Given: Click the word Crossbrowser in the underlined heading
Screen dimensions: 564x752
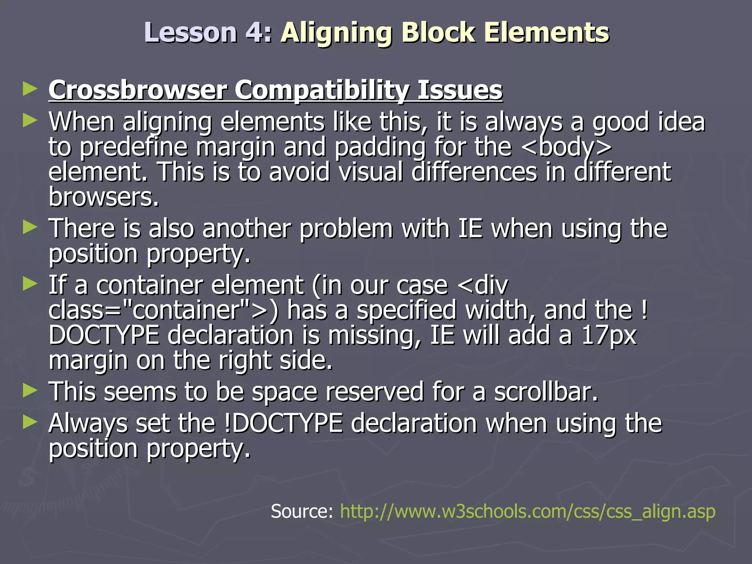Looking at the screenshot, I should point(138,90).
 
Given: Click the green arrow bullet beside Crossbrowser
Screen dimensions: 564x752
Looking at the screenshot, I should point(30,89).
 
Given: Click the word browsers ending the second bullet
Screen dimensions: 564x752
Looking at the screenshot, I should point(104,198).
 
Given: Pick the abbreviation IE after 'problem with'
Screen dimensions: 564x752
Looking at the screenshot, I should point(470,228).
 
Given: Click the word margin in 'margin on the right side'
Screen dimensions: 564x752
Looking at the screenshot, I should point(88,361).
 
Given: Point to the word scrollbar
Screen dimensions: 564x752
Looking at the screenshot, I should point(546,392).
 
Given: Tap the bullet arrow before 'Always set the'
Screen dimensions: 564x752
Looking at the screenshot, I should point(30,422).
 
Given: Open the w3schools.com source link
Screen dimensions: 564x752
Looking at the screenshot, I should point(528,511).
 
